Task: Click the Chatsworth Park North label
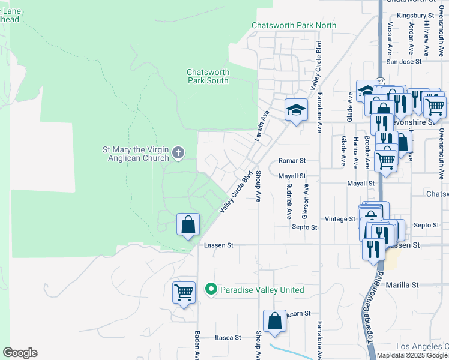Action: pyautogui.click(x=294, y=25)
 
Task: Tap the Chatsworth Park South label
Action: pyautogui.click(x=208, y=76)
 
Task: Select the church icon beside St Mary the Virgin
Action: pyautogui.click(x=178, y=153)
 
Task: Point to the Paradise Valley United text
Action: pyautogui.click(x=262, y=290)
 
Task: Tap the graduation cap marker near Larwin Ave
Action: pyautogui.click(x=295, y=110)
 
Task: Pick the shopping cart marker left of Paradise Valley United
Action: pyautogui.click(x=184, y=293)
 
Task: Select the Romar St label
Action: pyautogui.click(x=292, y=161)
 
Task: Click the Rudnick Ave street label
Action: pyautogui.click(x=289, y=200)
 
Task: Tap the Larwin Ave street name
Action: pyautogui.click(x=264, y=116)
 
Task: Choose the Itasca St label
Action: pyautogui.click(x=228, y=338)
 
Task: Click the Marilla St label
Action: pyautogui.click(x=402, y=285)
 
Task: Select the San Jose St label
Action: pyautogui.click(x=404, y=61)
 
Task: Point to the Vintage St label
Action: pyautogui.click(x=340, y=219)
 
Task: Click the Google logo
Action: pyautogui.click(x=20, y=353)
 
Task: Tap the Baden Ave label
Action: pyautogui.click(x=197, y=344)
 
